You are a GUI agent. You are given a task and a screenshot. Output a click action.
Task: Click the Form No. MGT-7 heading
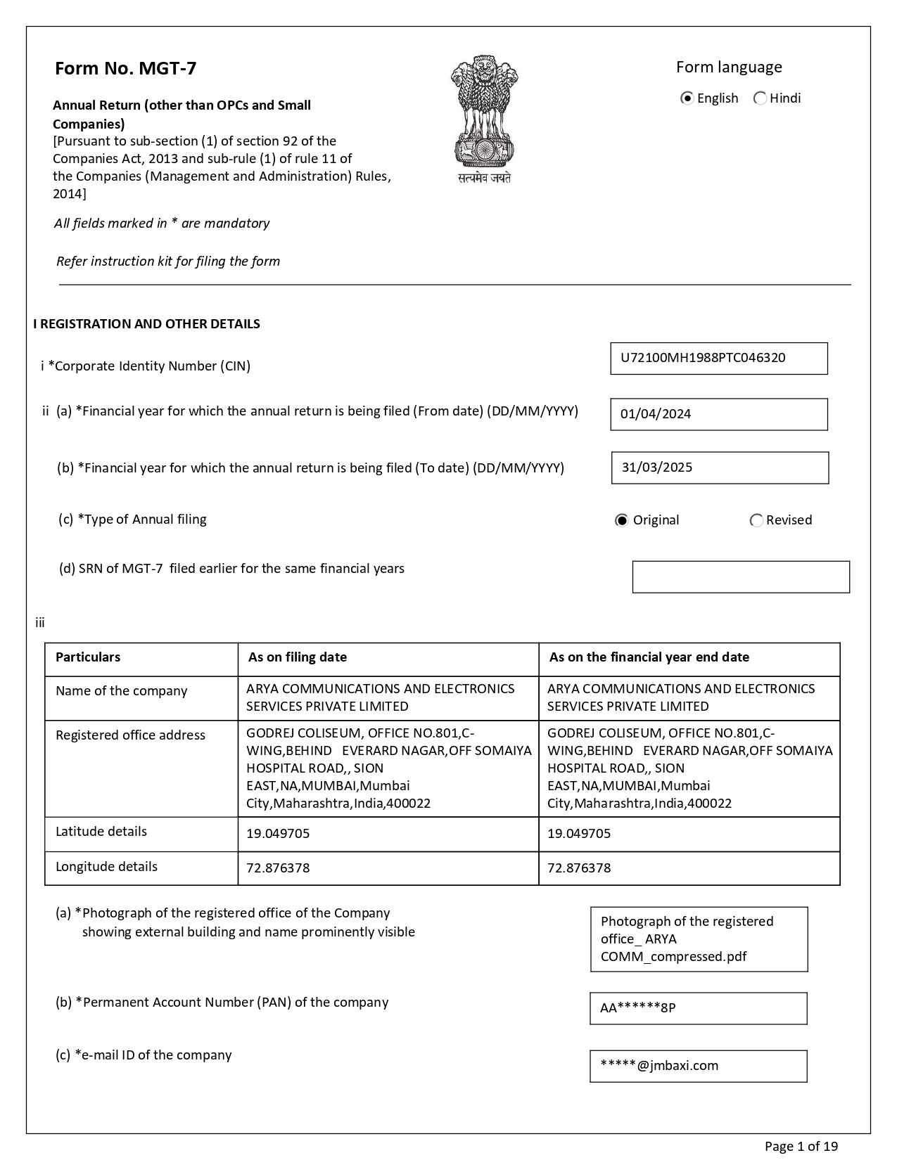[125, 68]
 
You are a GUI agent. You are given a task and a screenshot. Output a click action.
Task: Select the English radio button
[687, 98]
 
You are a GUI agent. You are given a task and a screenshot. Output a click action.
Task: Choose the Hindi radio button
[760, 98]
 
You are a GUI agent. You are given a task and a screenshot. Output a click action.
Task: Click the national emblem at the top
[484, 118]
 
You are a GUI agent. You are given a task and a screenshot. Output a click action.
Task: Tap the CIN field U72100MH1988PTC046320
[718, 359]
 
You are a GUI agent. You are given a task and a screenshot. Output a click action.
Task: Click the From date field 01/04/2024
[718, 415]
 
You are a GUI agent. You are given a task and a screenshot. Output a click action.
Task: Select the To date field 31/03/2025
[720, 468]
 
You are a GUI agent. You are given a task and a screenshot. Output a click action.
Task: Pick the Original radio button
[621, 520]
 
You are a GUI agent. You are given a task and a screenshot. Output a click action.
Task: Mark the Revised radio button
[757, 520]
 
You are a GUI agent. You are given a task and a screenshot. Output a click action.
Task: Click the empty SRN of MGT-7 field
[740, 577]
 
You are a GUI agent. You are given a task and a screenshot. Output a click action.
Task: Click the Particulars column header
[88, 657]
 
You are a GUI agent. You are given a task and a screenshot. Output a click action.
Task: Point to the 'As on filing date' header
[298, 657]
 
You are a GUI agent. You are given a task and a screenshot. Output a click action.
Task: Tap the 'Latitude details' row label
[101, 832]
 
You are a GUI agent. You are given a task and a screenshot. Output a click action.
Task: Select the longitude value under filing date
[278, 868]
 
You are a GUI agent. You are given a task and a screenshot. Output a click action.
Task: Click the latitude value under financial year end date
[579, 834]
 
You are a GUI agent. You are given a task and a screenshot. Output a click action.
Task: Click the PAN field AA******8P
[698, 1008]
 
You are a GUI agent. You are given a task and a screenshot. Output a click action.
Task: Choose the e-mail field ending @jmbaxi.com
[698, 1066]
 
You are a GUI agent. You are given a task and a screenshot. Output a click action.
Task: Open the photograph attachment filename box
[699, 939]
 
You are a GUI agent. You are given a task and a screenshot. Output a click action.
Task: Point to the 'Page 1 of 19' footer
[801, 1147]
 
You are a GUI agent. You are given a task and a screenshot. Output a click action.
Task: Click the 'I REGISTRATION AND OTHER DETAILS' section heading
[146, 324]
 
